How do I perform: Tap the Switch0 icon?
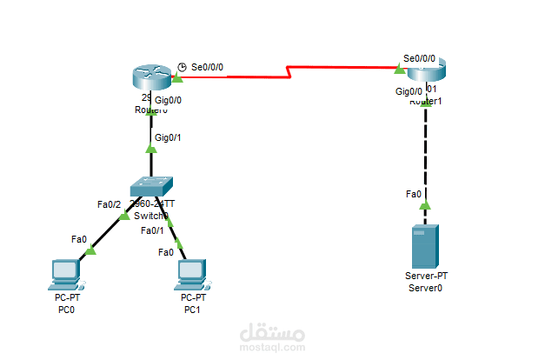coord(151,186)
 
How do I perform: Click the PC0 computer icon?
coord(65,273)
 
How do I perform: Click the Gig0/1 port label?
coord(169,137)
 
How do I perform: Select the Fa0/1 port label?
coord(153,230)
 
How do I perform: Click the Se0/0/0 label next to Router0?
coord(209,66)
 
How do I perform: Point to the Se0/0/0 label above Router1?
coord(419,57)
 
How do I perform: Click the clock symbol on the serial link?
coord(182,66)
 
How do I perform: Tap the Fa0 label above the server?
coord(414,195)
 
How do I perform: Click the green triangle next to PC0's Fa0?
coord(90,250)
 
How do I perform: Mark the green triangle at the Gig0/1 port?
coord(151,149)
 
